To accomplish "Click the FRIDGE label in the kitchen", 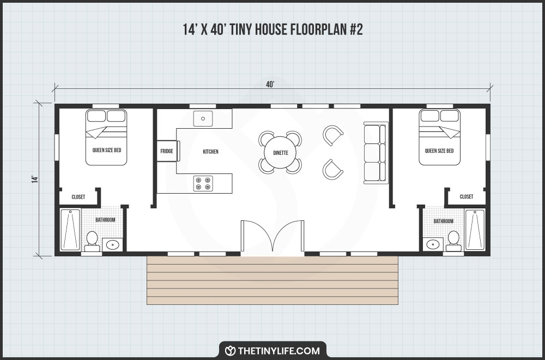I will (167, 152).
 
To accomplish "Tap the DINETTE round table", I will (281, 152).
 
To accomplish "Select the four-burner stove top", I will (203, 183).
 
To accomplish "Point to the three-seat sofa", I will (375, 152).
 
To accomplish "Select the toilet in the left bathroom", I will (92, 241).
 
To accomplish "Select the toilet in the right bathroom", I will (453, 240).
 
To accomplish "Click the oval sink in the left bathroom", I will (112, 244).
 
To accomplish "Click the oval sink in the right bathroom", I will (433, 244).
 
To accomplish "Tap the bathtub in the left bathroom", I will (70, 230).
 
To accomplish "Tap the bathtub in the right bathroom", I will (475, 230).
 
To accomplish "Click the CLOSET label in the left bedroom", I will (78, 197).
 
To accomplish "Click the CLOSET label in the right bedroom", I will (467, 197).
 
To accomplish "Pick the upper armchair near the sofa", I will (333, 135).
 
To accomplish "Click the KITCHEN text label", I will (210, 152).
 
